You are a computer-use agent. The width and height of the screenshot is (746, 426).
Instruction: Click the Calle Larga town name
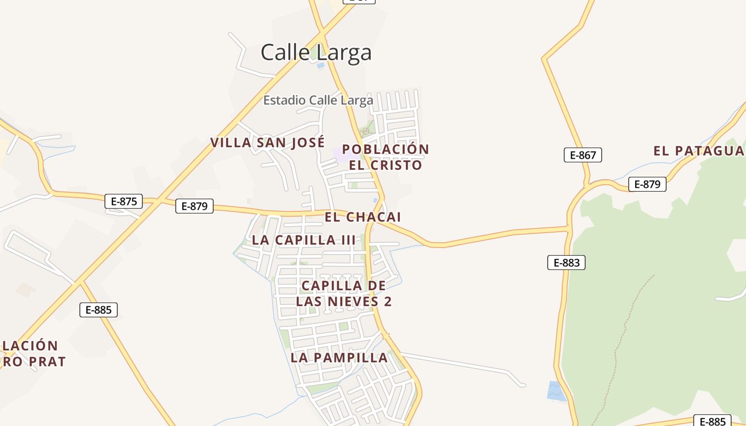click(316, 53)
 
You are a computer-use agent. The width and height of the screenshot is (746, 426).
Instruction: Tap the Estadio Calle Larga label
click(318, 100)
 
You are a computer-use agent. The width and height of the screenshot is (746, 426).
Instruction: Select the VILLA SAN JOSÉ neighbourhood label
click(267, 143)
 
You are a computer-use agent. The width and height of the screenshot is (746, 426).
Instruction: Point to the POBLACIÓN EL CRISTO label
click(385, 157)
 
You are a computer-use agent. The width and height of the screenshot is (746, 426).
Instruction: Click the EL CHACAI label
click(362, 217)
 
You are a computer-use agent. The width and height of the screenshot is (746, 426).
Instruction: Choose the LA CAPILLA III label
click(303, 240)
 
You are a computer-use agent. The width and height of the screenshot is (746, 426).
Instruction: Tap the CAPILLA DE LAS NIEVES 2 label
click(344, 293)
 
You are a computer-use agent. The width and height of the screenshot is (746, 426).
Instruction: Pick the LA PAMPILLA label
click(339, 358)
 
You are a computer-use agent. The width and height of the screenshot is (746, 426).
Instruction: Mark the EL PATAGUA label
click(698, 151)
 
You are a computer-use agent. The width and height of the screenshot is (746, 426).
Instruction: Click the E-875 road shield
click(124, 201)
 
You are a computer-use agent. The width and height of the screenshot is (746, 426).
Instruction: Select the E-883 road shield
click(566, 263)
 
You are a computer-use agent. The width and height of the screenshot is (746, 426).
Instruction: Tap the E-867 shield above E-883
click(583, 155)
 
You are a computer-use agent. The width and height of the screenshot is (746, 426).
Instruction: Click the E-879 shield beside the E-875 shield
click(194, 206)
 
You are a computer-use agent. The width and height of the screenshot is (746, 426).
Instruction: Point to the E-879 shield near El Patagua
click(647, 184)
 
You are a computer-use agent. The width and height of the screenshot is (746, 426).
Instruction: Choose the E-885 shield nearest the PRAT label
click(99, 310)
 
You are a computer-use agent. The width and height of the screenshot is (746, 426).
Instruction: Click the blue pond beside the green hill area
click(555, 391)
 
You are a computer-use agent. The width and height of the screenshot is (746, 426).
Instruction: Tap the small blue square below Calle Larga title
click(320, 66)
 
